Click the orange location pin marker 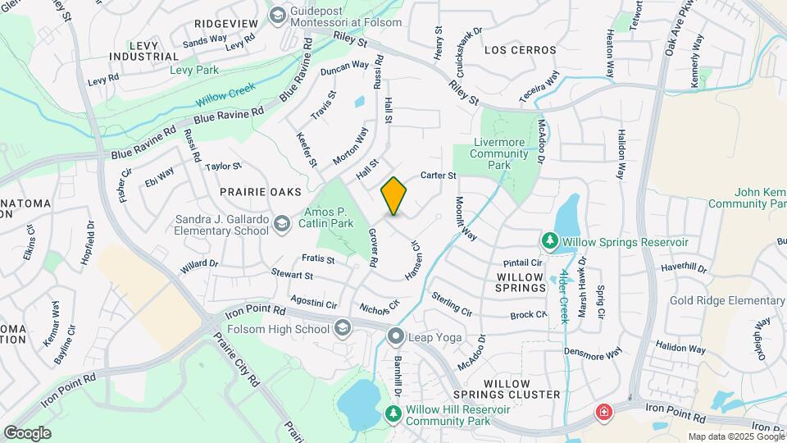coord(394,196)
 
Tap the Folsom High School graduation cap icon coord(343,329)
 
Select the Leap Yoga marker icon coord(397,336)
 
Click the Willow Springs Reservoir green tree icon coord(548,241)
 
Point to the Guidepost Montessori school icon coord(278,14)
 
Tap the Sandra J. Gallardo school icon coord(281,224)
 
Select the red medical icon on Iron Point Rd coord(604,412)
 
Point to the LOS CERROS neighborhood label coord(520,50)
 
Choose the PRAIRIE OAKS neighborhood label coord(256,191)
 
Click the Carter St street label coord(438,176)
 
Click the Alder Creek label coord(564,295)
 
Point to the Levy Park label coord(194,71)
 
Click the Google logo coord(27,432)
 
